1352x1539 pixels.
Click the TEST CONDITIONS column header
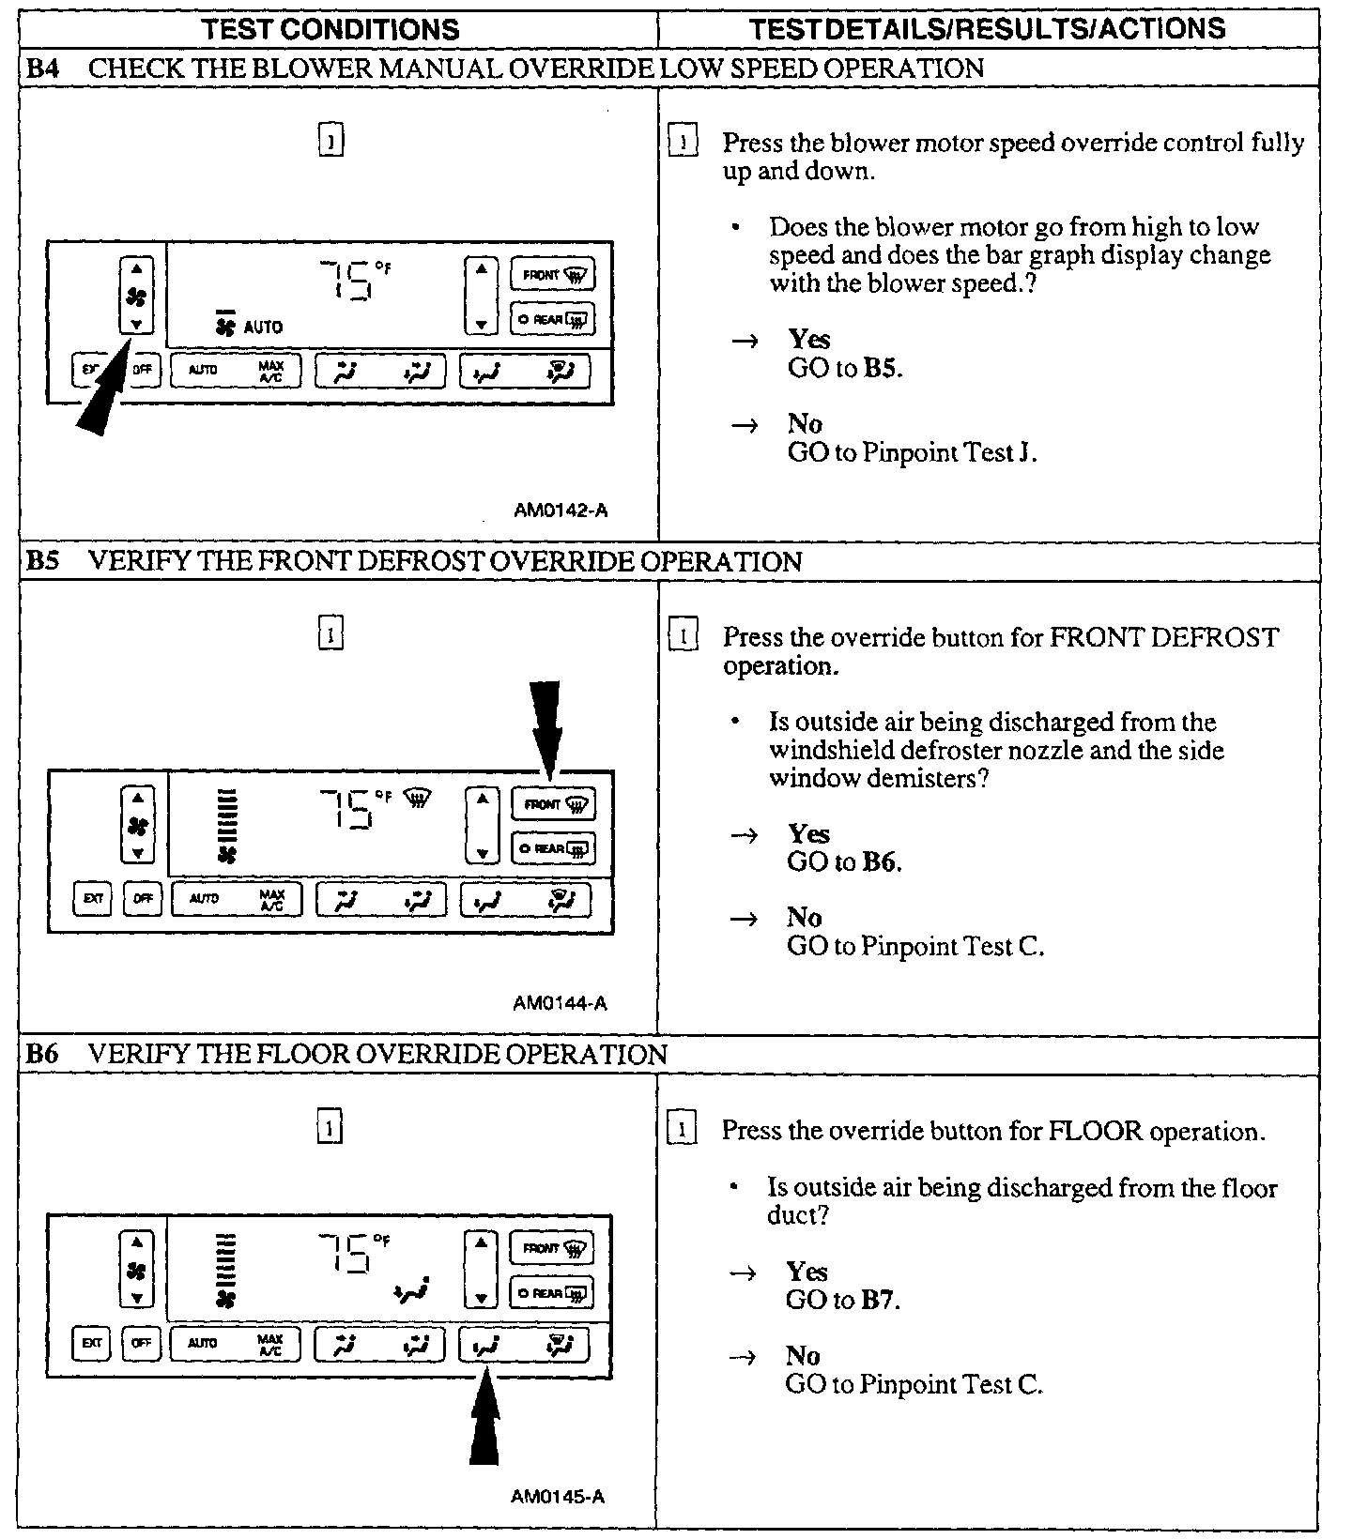[x=330, y=28]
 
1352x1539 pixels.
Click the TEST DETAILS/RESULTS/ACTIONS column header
[x=987, y=28]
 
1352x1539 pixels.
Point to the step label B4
[x=43, y=69]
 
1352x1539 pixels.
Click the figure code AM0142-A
[x=561, y=510]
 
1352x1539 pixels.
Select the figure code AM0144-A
[x=561, y=1003]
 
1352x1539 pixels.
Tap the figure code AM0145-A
[x=558, y=1496]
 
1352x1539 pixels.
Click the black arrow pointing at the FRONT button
[x=545, y=727]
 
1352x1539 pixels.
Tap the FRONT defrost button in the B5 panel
[x=553, y=804]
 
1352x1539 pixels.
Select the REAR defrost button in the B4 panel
[x=552, y=320]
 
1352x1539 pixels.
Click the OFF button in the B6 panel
[x=141, y=1343]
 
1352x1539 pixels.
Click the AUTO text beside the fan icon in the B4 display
[x=263, y=327]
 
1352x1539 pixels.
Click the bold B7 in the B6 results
[x=883, y=1300]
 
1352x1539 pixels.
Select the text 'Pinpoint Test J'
[x=947, y=453]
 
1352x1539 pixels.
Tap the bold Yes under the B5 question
[x=808, y=833]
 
